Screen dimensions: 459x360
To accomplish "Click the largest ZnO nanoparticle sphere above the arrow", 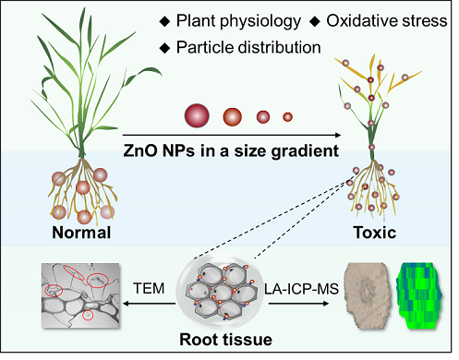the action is (x=197, y=115).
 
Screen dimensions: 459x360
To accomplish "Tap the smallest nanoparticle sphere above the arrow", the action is (x=287, y=117).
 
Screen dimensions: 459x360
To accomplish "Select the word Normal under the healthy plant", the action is (x=81, y=233).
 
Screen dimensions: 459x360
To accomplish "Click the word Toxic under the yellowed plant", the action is (x=375, y=233).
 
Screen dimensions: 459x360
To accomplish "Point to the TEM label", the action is (x=149, y=289).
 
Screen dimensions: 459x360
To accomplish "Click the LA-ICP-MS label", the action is (x=301, y=289).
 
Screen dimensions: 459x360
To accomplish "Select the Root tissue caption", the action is (x=225, y=340).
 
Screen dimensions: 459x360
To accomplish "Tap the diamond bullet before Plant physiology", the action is (x=164, y=21).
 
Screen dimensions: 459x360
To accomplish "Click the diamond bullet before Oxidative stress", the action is (x=315, y=21).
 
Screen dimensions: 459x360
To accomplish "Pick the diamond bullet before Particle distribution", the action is (x=164, y=48).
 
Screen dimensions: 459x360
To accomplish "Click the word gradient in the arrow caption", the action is (x=305, y=151).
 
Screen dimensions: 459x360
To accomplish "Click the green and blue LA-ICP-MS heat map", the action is (x=419, y=295).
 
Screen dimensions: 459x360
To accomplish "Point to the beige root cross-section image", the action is (x=367, y=294).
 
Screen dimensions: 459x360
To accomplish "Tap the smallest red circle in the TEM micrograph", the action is (x=88, y=315).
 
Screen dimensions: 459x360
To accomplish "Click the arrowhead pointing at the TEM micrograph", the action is (x=126, y=304).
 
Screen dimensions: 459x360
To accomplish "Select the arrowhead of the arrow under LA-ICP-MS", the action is (x=326, y=304).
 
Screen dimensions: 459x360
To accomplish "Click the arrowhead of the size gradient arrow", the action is (x=338, y=135).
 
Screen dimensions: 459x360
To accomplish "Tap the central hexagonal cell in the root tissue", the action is (x=222, y=293).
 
